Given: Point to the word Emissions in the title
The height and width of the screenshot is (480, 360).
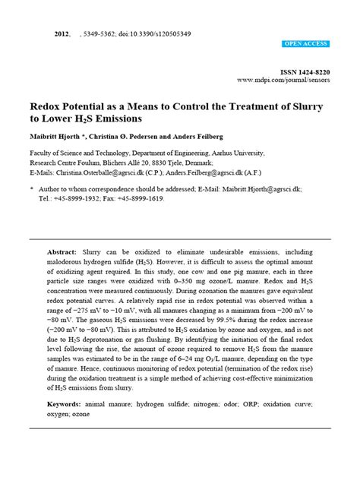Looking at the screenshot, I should click(115, 119).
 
